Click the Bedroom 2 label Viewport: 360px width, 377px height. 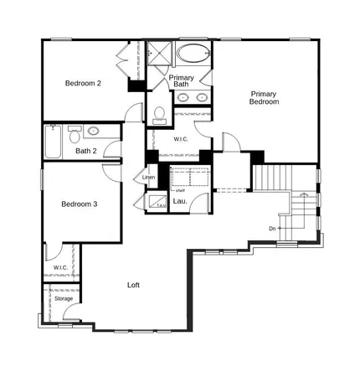tap(84, 84)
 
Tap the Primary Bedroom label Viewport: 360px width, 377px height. tap(264, 97)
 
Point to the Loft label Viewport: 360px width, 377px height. tap(133, 286)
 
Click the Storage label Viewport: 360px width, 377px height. tap(64, 299)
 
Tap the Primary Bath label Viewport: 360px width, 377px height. tap(182, 81)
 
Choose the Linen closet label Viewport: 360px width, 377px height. tap(149, 178)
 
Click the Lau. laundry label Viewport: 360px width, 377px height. tap(179, 201)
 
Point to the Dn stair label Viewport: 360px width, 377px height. tap(272, 228)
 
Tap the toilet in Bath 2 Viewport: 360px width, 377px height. tap(74, 135)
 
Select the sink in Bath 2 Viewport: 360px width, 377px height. tap(93, 132)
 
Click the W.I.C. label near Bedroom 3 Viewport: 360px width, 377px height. tap(60, 267)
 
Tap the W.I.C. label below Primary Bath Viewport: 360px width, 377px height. tap(181, 139)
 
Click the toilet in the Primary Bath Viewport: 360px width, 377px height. tap(159, 114)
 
